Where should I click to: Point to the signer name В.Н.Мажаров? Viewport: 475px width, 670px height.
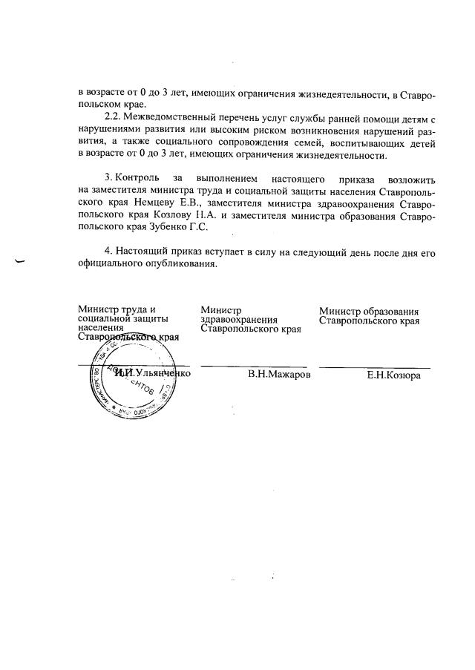click(279, 375)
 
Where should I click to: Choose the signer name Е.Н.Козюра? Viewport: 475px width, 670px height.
click(393, 375)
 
